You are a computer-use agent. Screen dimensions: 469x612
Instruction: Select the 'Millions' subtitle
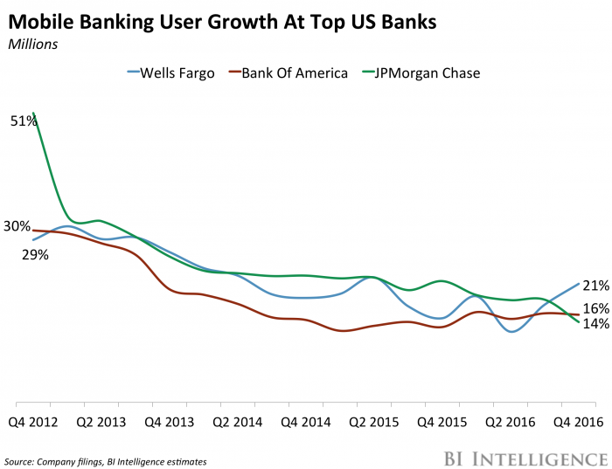34,43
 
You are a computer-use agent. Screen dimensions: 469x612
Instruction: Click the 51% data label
23,121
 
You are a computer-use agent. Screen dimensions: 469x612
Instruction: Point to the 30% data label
17,226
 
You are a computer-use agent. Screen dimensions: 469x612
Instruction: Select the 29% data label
35,255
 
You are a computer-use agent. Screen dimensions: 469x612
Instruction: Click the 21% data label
595,286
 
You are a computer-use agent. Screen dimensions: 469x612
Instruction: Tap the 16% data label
595,308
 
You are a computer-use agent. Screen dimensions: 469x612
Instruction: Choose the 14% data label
595,324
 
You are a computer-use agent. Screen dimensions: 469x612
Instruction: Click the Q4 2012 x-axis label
32,420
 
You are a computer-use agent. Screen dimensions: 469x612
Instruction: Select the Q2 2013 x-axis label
101,420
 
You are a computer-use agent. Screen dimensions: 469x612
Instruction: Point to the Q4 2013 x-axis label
168,420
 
